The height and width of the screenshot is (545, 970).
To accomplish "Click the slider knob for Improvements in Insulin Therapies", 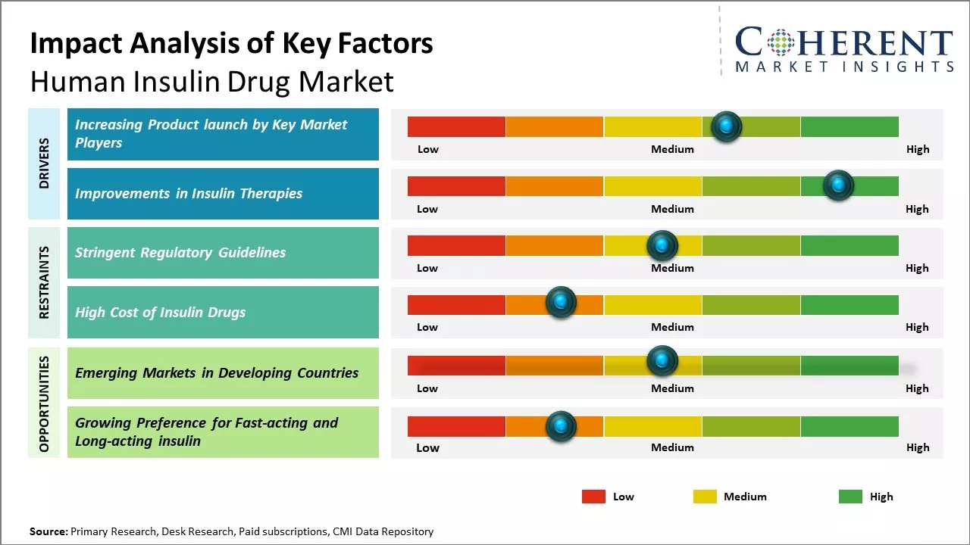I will pos(838,185).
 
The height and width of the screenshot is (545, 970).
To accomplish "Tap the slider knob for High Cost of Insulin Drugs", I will pos(561,303).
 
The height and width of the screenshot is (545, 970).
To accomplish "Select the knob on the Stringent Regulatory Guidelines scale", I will pos(662,245).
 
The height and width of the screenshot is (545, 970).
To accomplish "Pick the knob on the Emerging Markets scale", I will pos(662,360).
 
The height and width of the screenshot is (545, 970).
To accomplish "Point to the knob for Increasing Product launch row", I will pos(727,126).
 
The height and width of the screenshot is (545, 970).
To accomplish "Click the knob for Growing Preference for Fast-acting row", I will pos(561,426).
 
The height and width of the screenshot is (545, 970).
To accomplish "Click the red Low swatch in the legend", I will pos(593,497).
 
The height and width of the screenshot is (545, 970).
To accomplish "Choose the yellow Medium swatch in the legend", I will pos(705,497).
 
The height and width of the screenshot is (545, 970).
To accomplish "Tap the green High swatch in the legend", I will pos(850,497).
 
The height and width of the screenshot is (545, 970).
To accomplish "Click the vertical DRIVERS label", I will pos(44,163).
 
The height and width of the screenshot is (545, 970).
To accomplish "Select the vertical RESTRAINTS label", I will pos(44,282).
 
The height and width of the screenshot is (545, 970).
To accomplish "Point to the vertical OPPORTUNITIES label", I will pos(44,403).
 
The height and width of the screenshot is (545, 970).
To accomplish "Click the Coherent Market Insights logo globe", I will pos(780,42).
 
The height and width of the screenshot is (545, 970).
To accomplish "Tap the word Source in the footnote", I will pos(48,531).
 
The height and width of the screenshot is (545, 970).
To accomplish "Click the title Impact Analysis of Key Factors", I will pos(231,43).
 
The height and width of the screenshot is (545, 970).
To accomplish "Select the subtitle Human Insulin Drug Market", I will pos(211,81).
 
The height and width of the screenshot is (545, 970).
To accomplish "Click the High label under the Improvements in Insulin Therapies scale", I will pos(917,209).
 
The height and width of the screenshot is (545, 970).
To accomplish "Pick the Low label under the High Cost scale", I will pos(427,327).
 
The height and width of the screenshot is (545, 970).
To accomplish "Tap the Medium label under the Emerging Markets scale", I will pos(672,388).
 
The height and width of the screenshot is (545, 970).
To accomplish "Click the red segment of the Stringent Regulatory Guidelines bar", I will pos(456,245).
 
